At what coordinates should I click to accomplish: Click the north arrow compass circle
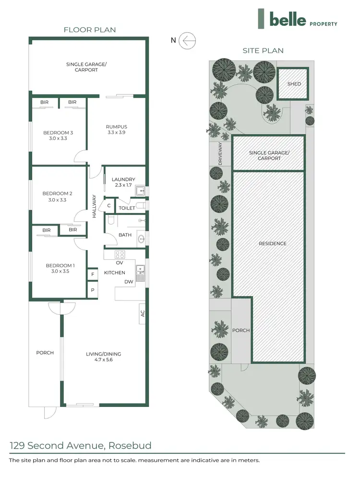pyautogui.click(x=187, y=40)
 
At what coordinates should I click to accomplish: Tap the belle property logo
pyautogui.click(x=297, y=20)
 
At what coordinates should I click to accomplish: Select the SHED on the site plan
pyautogui.click(x=294, y=84)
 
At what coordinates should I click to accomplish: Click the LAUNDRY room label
pyautogui.click(x=123, y=179)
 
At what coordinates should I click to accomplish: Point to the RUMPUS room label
pyautogui.click(x=116, y=127)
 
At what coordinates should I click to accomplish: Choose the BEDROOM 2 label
pyautogui.click(x=57, y=193)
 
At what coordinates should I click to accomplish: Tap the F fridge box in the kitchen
pyautogui.click(x=92, y=275)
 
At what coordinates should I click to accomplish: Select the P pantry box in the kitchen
pyautogui.click(x=92, y=290)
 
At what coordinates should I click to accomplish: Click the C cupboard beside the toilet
pyautogui.click(x=109, y=205)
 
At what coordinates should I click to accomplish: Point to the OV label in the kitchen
pyautogui.click(x=120, y=263)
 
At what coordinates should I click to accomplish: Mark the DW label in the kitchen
pyautogui.click(x=129, y=282)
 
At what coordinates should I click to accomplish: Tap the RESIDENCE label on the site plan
pyautogui.click(x=272, y=243)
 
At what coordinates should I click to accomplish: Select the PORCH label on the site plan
pyautogui.click(x=241, y=330)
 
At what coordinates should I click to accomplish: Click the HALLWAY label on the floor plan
pyautogui.click(x=95, y=206)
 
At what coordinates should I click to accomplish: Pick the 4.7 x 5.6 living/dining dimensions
pyautogui.click(x=103, y=360)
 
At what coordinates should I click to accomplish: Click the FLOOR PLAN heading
pyautogui.click(x=90, y=30)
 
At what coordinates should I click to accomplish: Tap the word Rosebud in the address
pyautogui.click(x=130, y=445)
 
